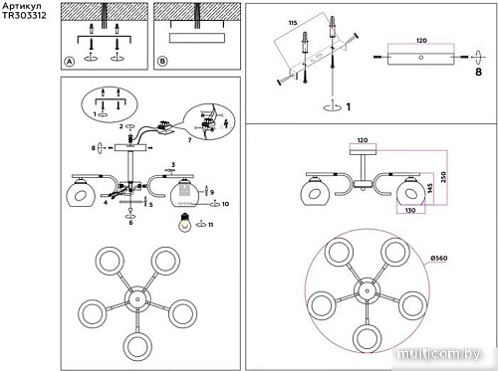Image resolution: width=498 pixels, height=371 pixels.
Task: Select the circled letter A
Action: (x=69, y=61)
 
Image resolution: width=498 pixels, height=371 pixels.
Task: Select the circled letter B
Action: (x=162, y=61)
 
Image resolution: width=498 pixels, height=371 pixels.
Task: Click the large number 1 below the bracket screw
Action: (x=347, y=106)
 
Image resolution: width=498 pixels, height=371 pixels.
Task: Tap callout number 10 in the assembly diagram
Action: (x=226, y=204)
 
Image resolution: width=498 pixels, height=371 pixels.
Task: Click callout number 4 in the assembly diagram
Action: (x=105, y=202)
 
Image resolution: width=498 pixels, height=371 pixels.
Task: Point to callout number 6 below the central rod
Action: (x=130, y=223)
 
